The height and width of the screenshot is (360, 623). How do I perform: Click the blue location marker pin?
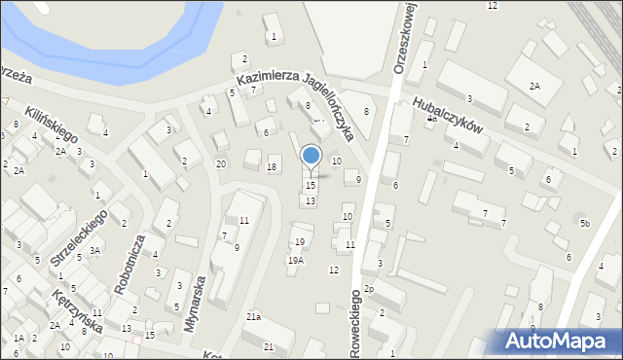coord(311,156)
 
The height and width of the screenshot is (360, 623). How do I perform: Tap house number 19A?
coord(295,260)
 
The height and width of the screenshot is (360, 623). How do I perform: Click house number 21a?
coord(253,317)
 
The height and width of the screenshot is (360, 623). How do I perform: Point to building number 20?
coord(221,163)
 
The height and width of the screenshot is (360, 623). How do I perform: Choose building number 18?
coord(273,167)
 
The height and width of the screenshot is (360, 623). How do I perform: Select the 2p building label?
coord(368,289)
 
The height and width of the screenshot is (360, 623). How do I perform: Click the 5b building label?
coord(584,224)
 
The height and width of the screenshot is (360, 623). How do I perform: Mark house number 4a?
coord(430,118)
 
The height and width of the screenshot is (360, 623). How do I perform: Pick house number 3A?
coord(94,250)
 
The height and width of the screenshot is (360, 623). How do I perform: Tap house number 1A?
coord(18,338)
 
